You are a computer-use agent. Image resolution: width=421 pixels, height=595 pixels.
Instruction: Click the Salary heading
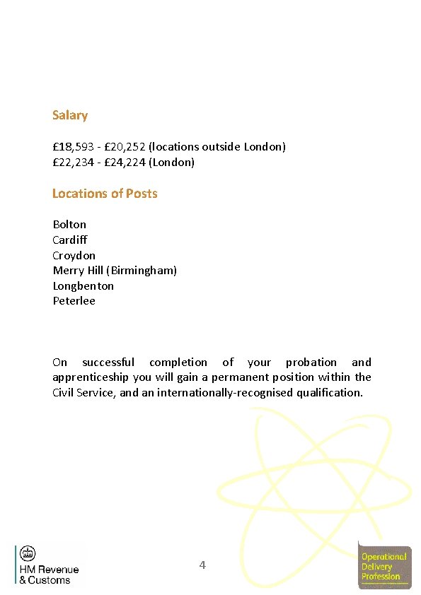pos(70,115)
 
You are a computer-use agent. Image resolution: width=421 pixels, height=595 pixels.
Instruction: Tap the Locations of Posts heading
pos(105,194)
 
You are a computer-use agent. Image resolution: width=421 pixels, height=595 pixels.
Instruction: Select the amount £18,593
pos(74,147)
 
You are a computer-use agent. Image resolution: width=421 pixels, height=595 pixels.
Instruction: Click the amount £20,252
pos(125,147)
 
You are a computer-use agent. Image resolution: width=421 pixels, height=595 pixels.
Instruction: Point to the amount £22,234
pos(74,163)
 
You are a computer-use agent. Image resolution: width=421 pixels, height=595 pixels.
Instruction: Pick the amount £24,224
pos(125,163)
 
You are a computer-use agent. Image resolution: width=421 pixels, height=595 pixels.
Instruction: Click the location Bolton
pos(69,225)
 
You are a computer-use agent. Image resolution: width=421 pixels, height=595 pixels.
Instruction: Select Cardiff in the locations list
pos(70,240)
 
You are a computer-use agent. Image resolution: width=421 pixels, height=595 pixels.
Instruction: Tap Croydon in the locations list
pos(74,256)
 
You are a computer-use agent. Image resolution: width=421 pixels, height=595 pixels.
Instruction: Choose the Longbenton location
pos(83,286)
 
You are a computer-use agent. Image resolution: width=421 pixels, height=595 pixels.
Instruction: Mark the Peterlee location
pos(74,301)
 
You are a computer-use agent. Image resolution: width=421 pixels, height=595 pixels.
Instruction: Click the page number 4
pos(202,565)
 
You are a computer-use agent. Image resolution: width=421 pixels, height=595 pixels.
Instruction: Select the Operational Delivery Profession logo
pos(384,565)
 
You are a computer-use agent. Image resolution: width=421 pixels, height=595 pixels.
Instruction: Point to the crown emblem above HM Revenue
pos(28,553)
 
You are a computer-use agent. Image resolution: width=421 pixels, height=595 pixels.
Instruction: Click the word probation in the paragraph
pos(311,363)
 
